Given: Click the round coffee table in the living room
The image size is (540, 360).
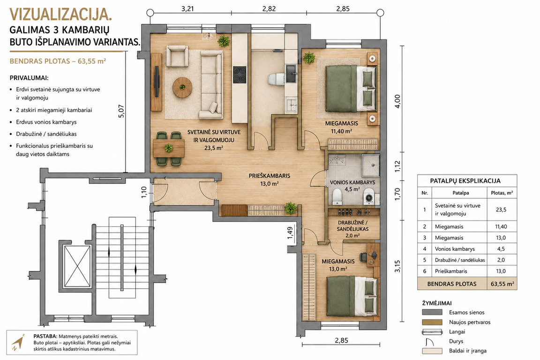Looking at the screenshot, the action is pos(182,87).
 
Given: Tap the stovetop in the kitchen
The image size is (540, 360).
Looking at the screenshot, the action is pos(240,75).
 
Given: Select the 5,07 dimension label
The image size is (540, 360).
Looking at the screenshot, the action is pos(120,111).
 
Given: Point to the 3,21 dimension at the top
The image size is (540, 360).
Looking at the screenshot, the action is pos(187,8).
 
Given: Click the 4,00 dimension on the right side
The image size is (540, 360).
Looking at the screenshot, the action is pos(398,101).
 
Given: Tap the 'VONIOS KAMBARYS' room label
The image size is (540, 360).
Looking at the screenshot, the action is pos(352,182).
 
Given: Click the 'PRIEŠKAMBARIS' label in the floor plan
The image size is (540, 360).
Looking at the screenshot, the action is pos(270,176).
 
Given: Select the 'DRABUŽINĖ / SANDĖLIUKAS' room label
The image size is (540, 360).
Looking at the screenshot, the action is pos(353,225).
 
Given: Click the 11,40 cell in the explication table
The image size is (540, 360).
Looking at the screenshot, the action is pos(501,227).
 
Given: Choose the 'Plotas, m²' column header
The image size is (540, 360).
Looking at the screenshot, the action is pos(502,193).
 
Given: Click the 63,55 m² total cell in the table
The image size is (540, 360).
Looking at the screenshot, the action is pos(502,284).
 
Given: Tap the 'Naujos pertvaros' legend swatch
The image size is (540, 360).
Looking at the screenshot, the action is pos(432,322).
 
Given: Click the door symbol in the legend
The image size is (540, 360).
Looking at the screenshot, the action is pos(429,341).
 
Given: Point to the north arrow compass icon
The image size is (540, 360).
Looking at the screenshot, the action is pos(17,343).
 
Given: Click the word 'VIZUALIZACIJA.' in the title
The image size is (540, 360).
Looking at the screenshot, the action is pos(60,15).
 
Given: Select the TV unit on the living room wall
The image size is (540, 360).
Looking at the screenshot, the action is pos(157,82).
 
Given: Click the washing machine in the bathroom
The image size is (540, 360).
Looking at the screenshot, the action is pos(369,197).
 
